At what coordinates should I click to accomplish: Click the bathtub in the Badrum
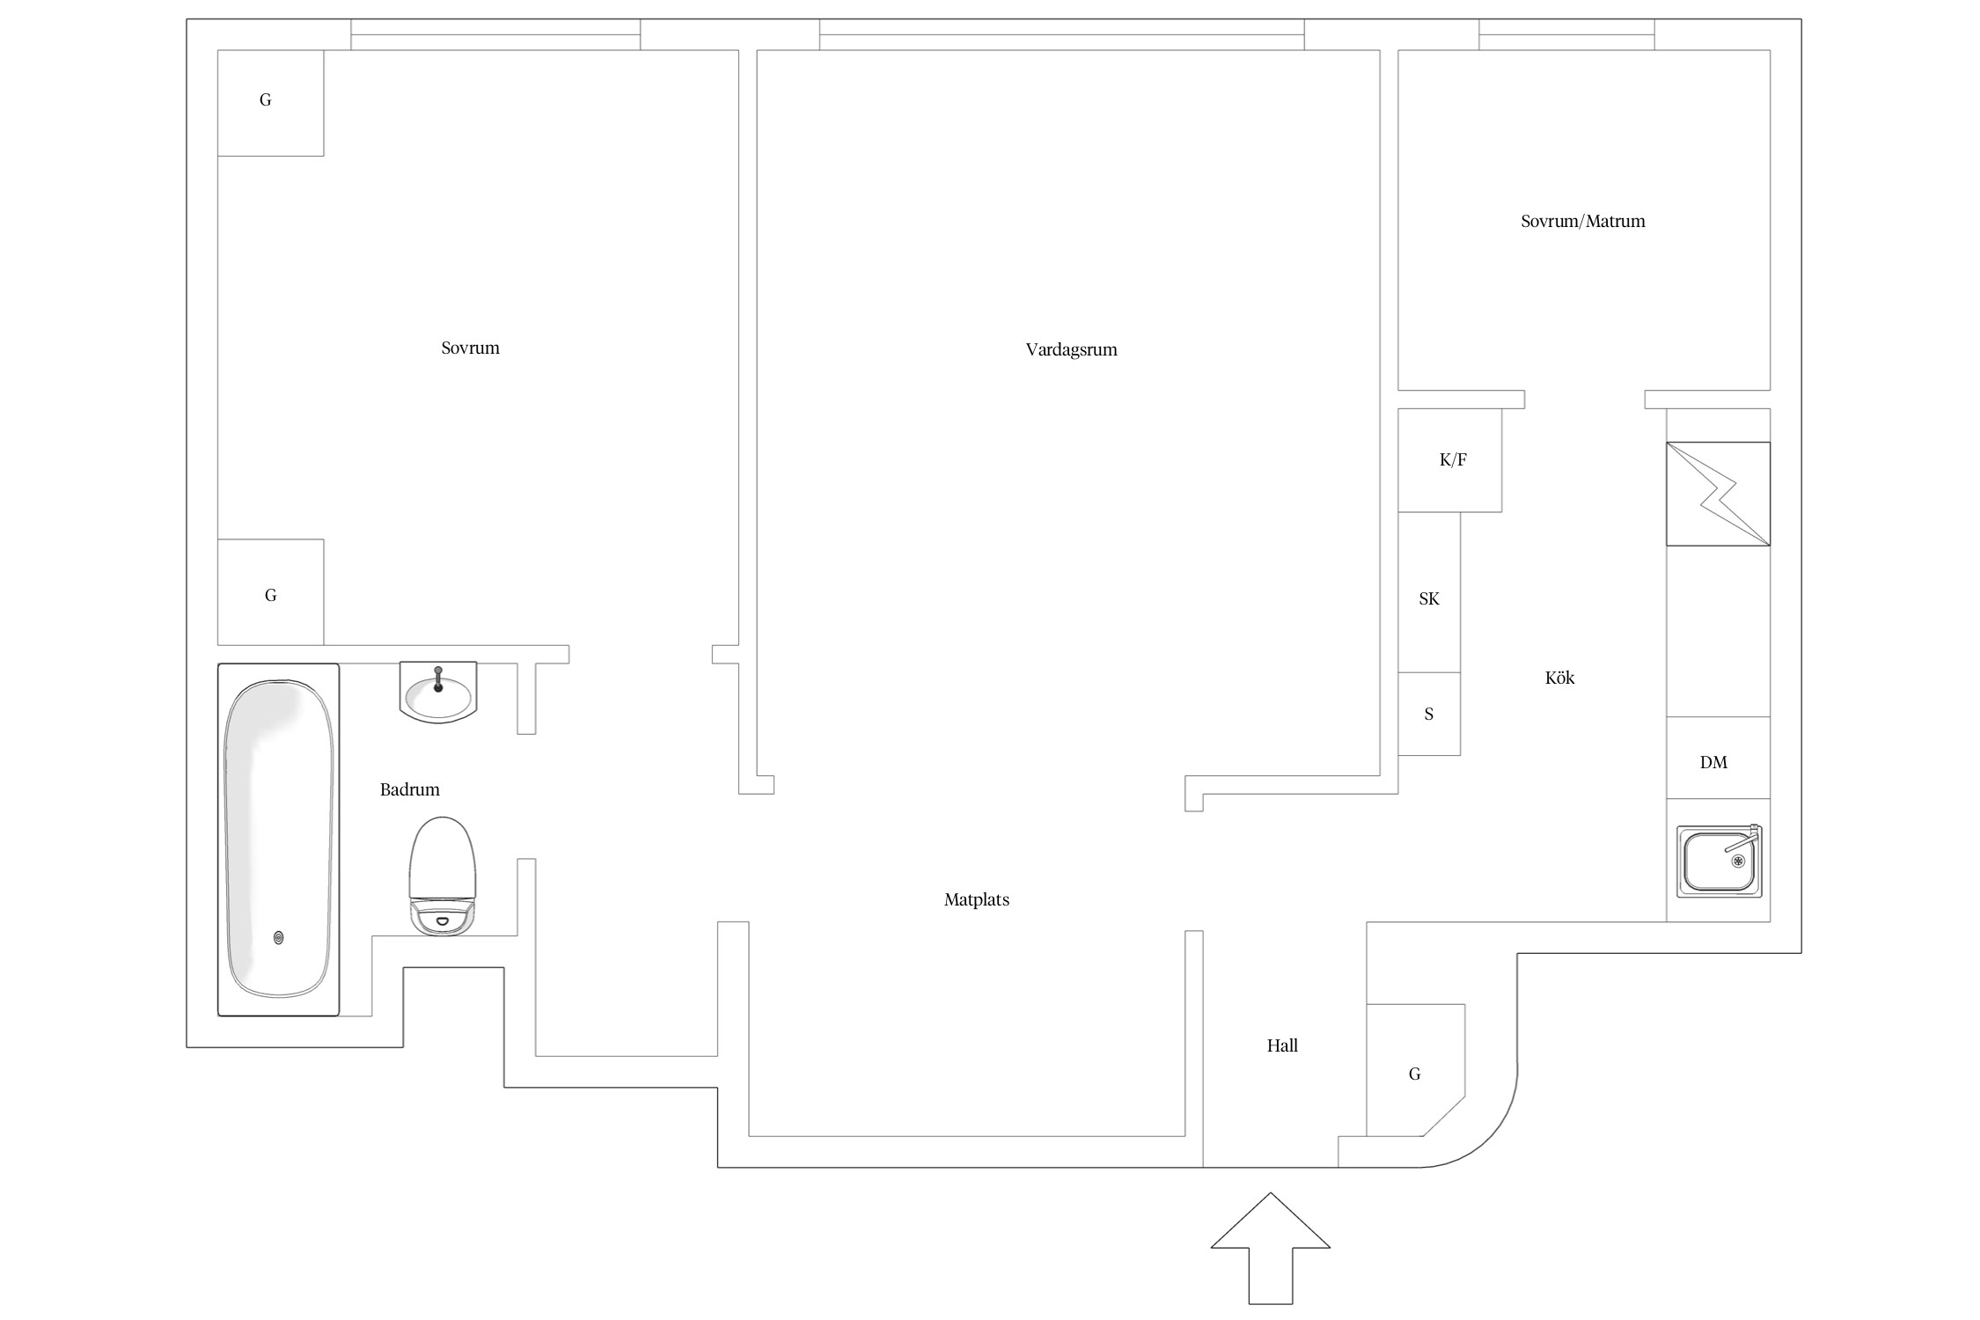point(278,840)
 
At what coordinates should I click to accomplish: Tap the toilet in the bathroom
point(443,876)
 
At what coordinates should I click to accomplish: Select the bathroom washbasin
point(438,692)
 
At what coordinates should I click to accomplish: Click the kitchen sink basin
point(1719,861)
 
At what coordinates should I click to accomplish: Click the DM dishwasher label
point(1713,762)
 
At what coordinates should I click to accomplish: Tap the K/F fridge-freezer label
point(1453,459)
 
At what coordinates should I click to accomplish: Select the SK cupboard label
point(1429,598)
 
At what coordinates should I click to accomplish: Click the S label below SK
point(1429,714)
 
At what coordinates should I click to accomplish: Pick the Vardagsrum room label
point(1071,349)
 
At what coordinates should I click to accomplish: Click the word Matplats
point(977,899)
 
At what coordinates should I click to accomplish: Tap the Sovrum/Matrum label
point(1583,221)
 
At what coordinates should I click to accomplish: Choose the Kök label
point(1559,678)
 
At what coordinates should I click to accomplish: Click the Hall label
point(1282,1045)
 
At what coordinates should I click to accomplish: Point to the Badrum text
point(409,789)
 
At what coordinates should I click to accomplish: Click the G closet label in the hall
point(1415,1074)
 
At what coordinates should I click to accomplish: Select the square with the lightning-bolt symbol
point(1718,494)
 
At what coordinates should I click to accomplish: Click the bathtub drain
point(279,938)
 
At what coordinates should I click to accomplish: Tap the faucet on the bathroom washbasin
point(438,679)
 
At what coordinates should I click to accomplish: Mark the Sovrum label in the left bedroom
point(470,348)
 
